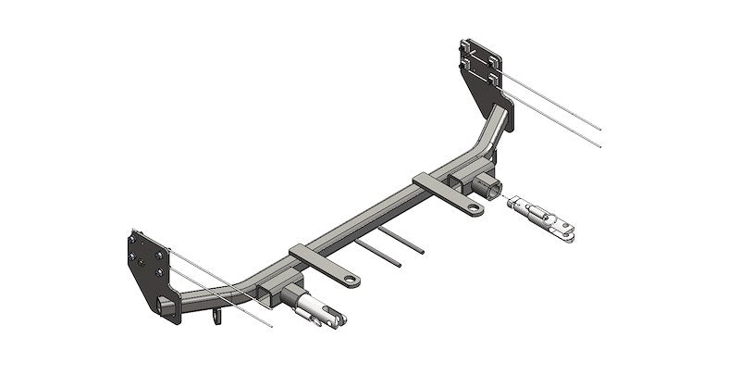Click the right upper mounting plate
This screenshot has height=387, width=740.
(x=482, y=69)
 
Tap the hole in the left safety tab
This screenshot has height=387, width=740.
(x=352, y=278)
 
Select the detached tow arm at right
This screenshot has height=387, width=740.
(x=544, y=219)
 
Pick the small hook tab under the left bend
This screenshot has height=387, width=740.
(x=219, y=318)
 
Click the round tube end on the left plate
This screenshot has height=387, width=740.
(x=168, y=306)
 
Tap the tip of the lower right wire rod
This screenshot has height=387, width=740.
(x=603, y=145)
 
